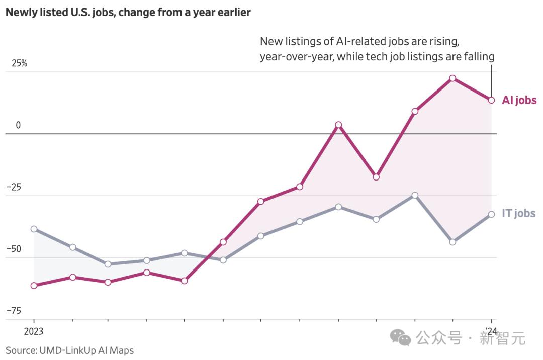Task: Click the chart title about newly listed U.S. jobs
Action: click(128, 13)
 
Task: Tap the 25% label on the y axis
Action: click(20, 64)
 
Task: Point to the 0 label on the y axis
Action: click(18, 125)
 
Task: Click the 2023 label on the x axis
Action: click(34, 331)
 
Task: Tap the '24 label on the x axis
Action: click(491, 331)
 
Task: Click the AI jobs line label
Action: click(519, 100)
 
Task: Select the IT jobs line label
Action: click(518, 213)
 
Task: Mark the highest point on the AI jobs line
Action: click(452, 78)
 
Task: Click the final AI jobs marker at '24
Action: click(491, 100)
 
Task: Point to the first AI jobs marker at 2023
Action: click(34, 286)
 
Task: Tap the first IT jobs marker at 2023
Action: click(34, 229)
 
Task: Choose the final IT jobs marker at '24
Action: click(491, 214)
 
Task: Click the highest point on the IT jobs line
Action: click(415, 195)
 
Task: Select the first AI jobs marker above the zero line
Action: click(338, 125)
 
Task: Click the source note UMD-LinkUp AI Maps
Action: click(70, 350)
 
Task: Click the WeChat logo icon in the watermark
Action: click(401, 337)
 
